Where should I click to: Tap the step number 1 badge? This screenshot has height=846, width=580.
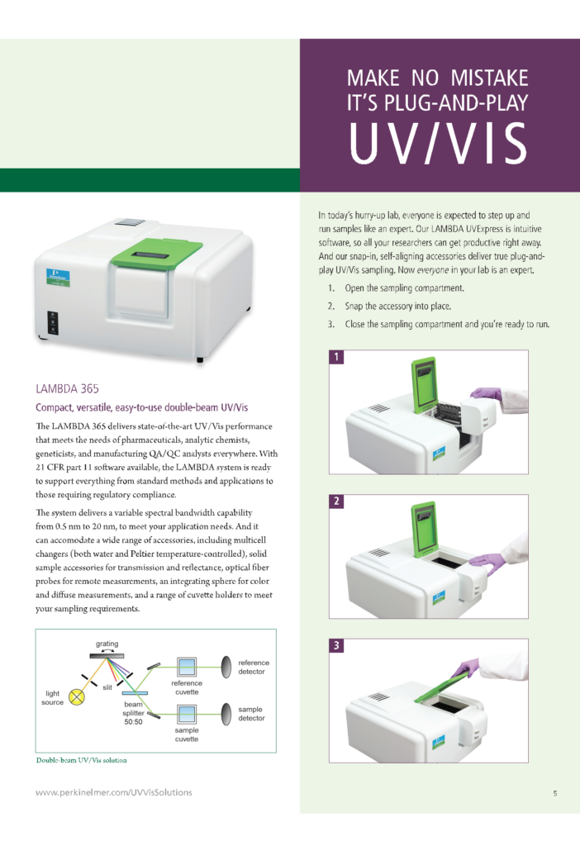click(x=336, y=358)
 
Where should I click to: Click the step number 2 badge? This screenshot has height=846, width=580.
click(x=336, y=502)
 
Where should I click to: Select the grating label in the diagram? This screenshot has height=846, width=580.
click(x=107, y=643)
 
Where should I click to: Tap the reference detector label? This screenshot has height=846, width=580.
click(x=253, y=667)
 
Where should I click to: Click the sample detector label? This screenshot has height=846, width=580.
click(x=251, y=713)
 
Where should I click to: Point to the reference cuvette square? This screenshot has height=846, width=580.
click(x=187, y=666)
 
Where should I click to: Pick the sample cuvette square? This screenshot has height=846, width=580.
click(x=187, y=712)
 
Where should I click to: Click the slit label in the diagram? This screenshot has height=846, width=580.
click(x=107, y=687)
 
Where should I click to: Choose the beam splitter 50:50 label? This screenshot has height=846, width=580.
click(x=133, y=711)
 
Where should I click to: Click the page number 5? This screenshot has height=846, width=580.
click(x=554, y=793)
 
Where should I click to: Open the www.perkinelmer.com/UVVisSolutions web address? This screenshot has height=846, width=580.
click(x=114, y=792)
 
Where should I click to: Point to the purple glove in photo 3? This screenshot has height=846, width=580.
click(x=467, y=666)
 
